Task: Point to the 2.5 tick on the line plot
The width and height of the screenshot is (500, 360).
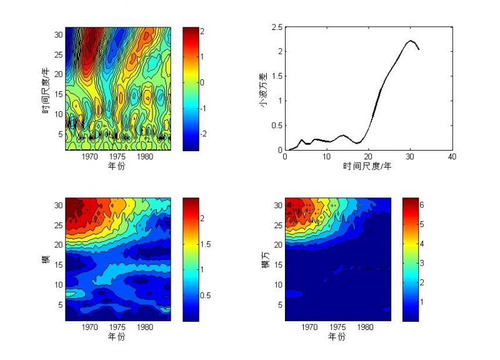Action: pos(276,27)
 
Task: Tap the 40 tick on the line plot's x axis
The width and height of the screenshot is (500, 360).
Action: pos(452,157)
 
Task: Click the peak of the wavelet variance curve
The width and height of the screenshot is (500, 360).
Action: pos(411,41)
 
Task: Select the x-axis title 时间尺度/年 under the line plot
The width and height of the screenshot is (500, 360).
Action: pos(367,166)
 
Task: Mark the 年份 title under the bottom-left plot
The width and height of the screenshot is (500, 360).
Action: pos(117,336)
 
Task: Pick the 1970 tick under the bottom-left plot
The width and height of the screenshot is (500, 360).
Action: pos(89,327)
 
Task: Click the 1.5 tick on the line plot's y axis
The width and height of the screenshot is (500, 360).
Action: pos(276,76)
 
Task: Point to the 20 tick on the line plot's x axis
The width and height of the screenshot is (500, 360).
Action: pos(368,157)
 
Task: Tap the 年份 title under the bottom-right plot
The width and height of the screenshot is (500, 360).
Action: pos(337,336)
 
